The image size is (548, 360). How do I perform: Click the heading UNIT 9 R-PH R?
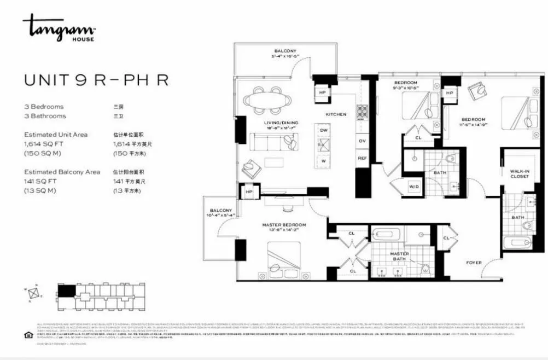tap(96, 80)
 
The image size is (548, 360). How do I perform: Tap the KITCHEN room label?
tap(336, 114)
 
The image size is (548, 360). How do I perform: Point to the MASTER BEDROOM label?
tap(284, 225)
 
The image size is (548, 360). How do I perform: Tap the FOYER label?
tap(474, 263)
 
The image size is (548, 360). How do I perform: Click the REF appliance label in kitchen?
tap(362, 158)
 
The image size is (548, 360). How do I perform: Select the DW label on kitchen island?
tap(324, 131)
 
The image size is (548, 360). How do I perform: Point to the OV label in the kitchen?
tap(362, 141)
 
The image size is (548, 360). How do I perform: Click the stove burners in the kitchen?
tap(363, 112)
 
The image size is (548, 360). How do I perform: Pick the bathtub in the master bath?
tap(389, 235)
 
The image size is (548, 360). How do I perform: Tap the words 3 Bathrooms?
tap(45, 116)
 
